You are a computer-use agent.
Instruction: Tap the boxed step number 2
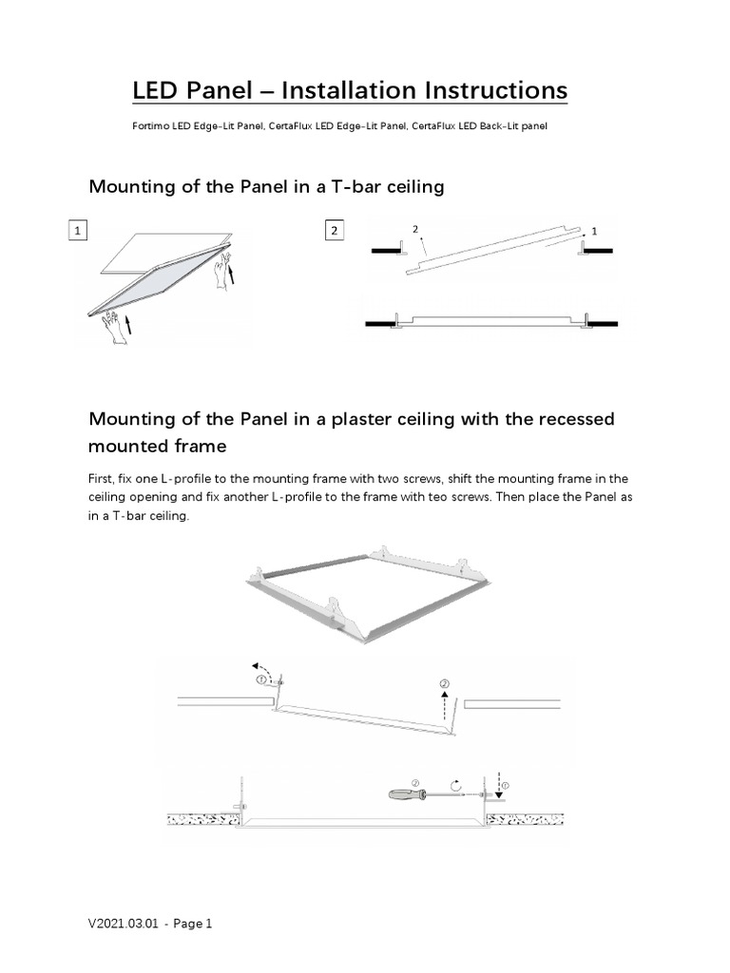point(334,231)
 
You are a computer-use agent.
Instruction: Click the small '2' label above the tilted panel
point(415,229)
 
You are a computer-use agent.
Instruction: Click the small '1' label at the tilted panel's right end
point(594,231)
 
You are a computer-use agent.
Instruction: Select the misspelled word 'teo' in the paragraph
point(484,498)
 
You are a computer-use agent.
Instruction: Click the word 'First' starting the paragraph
point(103,478)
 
